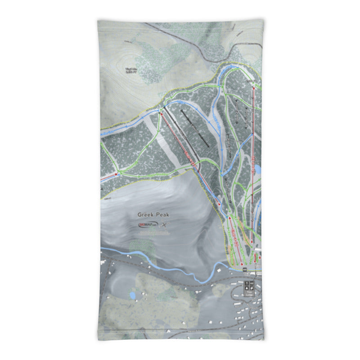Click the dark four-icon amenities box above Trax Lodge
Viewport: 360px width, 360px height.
(x=249, y=285)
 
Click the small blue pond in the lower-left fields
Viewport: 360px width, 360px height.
(x=132, y=295)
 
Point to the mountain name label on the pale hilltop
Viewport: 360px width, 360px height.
(x=131, y=70)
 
